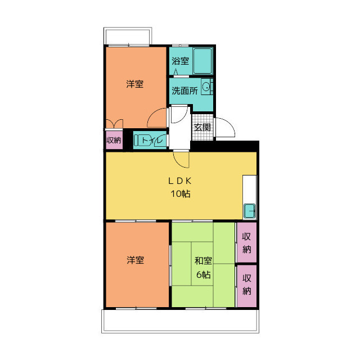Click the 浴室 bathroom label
click(x=180, y=61)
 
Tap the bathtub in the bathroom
click(x=202, y=61)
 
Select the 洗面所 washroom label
click(x=184, y=91)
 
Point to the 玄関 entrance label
click(x=202, y=127)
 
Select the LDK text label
click(x=180, y=181)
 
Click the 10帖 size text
click(x=180, y=194)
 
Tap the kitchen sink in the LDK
click(x=249, y=211)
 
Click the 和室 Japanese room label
click(x=203, y=261)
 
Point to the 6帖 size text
click(x=204, y=274)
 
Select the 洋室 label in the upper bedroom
click(x=135, y=84)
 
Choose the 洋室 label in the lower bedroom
click(x=135, y=260)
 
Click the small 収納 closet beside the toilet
click(x=114, y=140)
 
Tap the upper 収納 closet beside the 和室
click(x=246, y=242)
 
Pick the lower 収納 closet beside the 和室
click(x=246, y=286)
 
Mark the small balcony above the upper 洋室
click(x=128, y=36)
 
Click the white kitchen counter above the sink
click(x=250, y=189)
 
